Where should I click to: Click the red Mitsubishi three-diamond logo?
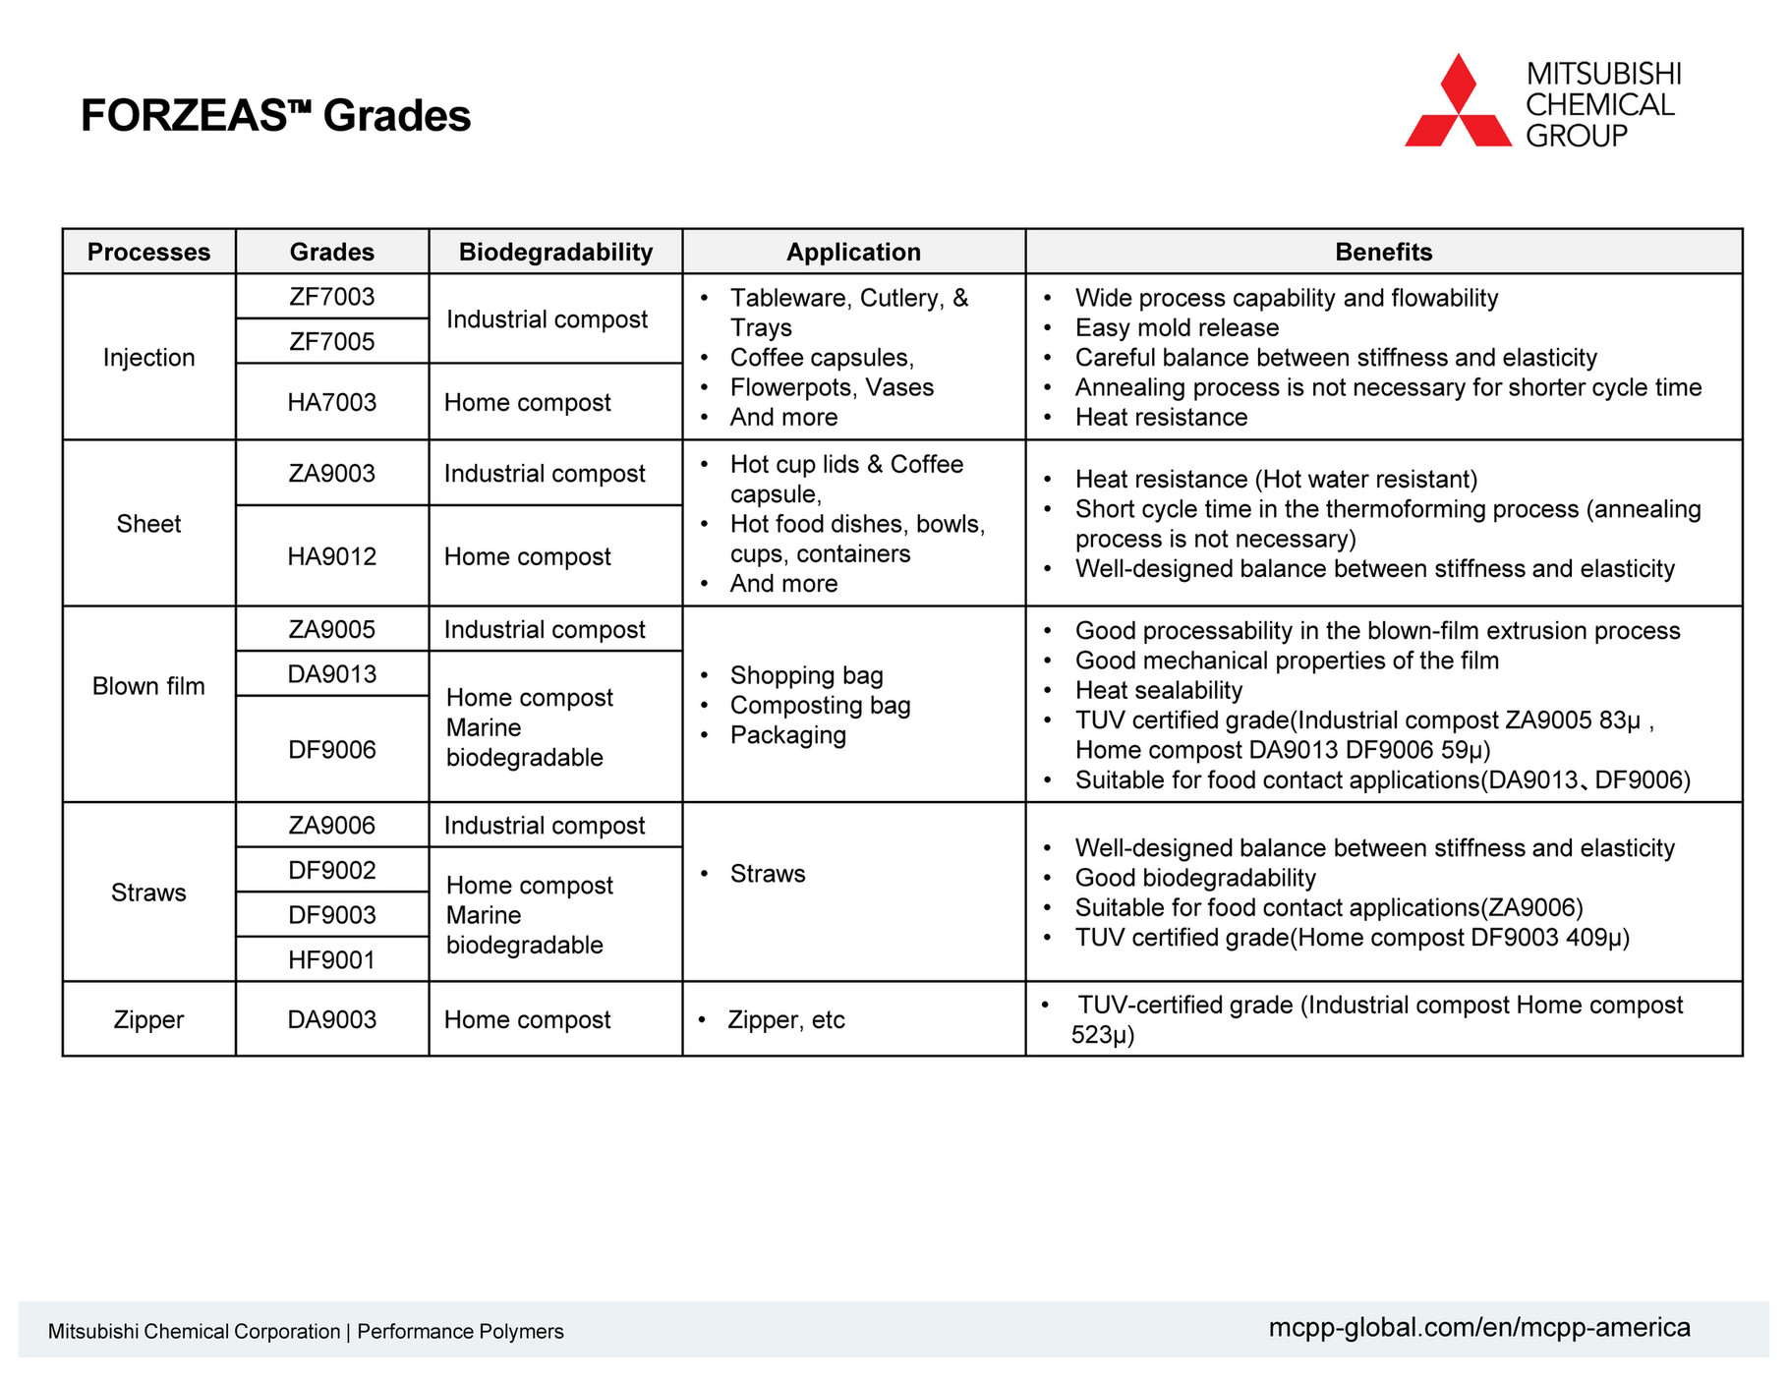pyautogui.click(x=1458, y=102)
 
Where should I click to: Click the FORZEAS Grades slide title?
pyautogui.click(x=275, y=116)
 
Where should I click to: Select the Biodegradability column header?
pyautogui.click(x=555, y=252)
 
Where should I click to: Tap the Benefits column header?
pyautogui.click(x=1383, y=252)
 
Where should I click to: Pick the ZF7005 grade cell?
pyautogui.click(x=331, y=341)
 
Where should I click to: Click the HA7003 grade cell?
pyautogui.click(x=331, y=402)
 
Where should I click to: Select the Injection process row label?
pyautogui.click(x=148, y=357)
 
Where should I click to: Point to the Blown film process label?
pyautogui.click(x=148, y=686)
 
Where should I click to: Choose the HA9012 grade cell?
pyautogui.click(x=331, y=556)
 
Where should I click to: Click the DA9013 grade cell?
pyautogui.click(x=331, y=674)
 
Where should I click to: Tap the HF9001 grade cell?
pyautogui.click(x=331, y=959)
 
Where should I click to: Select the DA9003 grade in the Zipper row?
pyautogui.click(x=331, y=1019)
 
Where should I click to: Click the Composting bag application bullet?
pyautogui.click(x=820, y=706)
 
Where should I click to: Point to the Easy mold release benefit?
pyautogui.click(x=1177, y=327)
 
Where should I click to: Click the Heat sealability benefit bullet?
pyautogui.click(x=1158, y=690)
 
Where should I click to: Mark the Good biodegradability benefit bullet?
pyautogui.click(x=1194, y=878)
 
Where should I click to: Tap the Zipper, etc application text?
pyautogui.click(x=785, y=1020)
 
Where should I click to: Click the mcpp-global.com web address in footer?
pyautogui.click(x=1478, y=1328)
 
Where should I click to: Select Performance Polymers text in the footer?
pyautogui.click(x=460, y=1332)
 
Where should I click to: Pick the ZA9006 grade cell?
pyautogui.click(x=331, y=826)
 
